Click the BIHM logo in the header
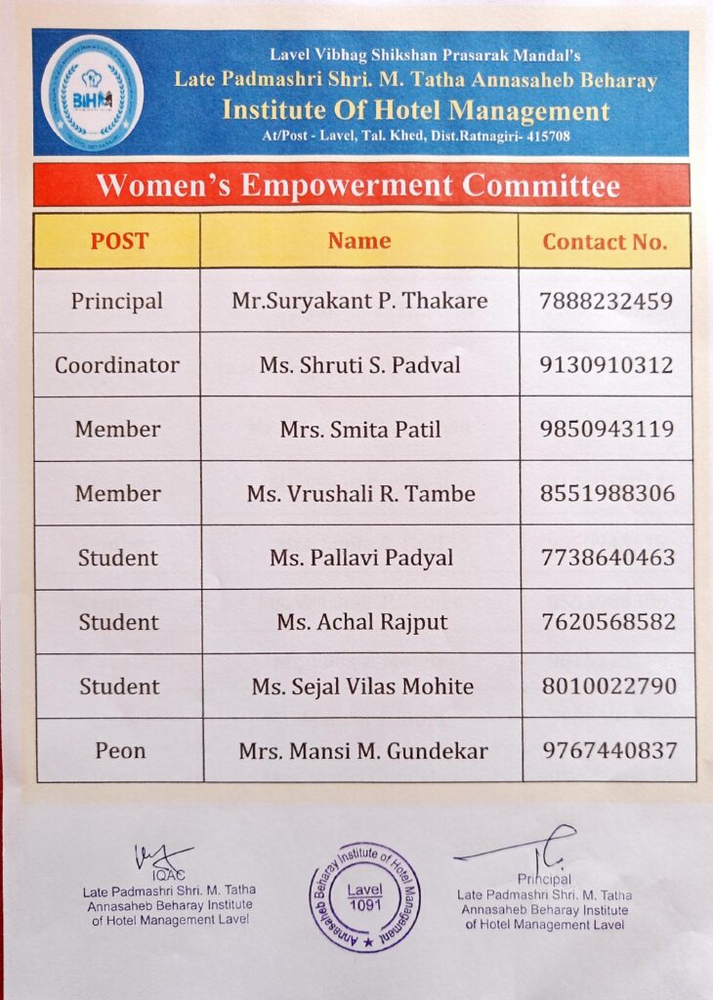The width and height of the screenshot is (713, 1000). pos(91,92)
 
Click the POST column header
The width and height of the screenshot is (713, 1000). pos(119,241)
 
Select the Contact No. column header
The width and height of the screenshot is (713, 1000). pos(605,242)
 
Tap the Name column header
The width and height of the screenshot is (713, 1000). pos(359,241)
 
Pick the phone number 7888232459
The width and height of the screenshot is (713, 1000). pos(607,301)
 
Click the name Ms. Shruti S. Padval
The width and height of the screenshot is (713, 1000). pos(359,365)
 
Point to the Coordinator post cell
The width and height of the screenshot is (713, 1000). pos(117,365)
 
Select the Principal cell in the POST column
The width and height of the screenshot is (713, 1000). pos(117,301)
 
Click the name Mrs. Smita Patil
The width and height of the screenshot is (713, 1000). pos(360,429)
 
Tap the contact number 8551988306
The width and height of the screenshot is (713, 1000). pos(608,493)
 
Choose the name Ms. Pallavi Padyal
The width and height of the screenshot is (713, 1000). pos(360,558)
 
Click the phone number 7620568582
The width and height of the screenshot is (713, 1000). pos(608,622)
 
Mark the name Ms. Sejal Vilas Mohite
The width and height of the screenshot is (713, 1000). pos(362,687)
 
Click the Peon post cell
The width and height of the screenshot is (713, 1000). pos(120,751)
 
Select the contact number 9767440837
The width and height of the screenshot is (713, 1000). pos(609,751)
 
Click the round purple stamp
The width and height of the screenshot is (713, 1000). pos(364,896)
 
